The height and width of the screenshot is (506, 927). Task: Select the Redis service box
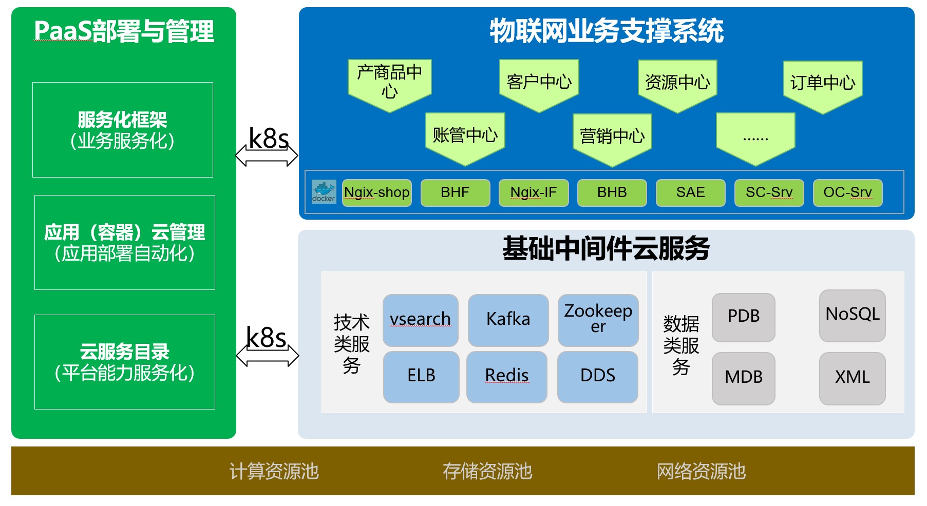506,376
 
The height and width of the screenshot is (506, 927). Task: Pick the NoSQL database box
852,315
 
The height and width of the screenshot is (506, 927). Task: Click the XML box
852,378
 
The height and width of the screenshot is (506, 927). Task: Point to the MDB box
743,378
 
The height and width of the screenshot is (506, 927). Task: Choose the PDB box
743,317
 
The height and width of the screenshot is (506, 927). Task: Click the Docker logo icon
324,192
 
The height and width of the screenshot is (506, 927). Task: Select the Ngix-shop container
376,192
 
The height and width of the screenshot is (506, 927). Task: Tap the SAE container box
690,192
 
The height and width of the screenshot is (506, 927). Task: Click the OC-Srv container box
847,192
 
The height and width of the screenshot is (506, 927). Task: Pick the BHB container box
612,192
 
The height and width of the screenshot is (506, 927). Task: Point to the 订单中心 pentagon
822,84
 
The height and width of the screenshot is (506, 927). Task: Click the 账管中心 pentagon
465,136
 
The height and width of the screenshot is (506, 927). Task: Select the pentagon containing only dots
755,137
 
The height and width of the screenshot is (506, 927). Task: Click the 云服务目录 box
124,362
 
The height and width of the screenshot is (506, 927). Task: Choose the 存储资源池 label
487,471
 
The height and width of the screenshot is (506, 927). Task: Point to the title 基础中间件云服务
606,248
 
